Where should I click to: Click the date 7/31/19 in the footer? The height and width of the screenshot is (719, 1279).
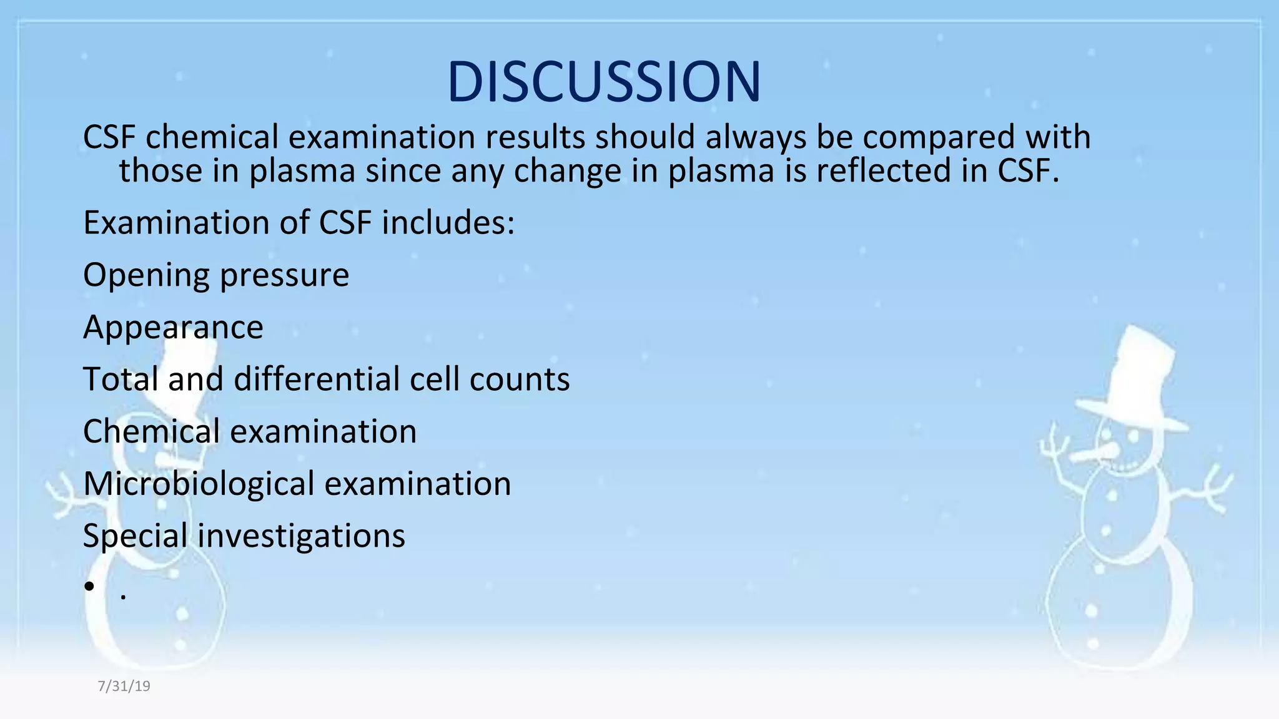124,687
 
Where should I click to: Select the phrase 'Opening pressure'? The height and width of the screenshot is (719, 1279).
216,275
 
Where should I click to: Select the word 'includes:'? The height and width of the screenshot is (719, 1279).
448,223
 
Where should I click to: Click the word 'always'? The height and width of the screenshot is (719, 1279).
756,137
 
